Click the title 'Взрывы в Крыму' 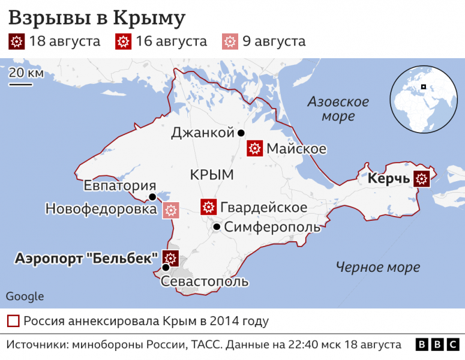tap(96, 18)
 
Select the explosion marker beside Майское tap(255, 148)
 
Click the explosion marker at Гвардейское tap(208, 207)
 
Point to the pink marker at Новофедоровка tap(171, 210)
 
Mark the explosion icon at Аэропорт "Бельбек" tap(170, 259)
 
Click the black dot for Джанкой tap(241, 133)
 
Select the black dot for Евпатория tap(152, 197)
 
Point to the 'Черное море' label tap(377, 268)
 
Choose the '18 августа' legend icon tap(16, 42)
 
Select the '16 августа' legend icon tap(123, 42)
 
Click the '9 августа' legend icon tap(230, 42)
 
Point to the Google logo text tap(25, 296)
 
